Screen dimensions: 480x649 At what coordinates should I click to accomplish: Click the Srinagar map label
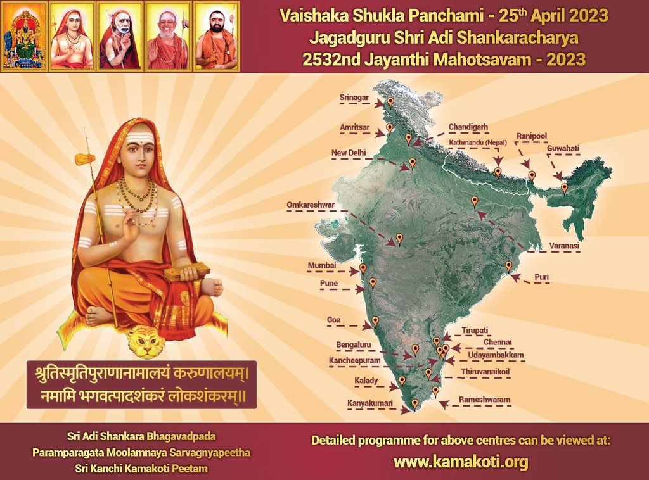click(352, 97)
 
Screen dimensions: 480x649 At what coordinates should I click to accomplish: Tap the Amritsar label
click(354, 127)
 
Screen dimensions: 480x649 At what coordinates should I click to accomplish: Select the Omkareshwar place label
click(311, 205)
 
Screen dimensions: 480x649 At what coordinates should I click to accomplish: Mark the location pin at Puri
click(508, 266)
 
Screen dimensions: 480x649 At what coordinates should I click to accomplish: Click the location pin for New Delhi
click(413, 163)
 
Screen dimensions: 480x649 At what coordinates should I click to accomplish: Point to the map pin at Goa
click(375, 321)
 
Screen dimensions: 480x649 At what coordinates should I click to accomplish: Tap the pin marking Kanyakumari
click(415, 403)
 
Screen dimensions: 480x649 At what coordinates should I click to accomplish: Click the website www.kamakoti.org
click(461, 462)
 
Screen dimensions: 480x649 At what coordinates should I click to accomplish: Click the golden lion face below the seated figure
click(145, 342)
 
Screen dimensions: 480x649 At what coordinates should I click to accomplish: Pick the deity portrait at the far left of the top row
click(24, 35)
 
